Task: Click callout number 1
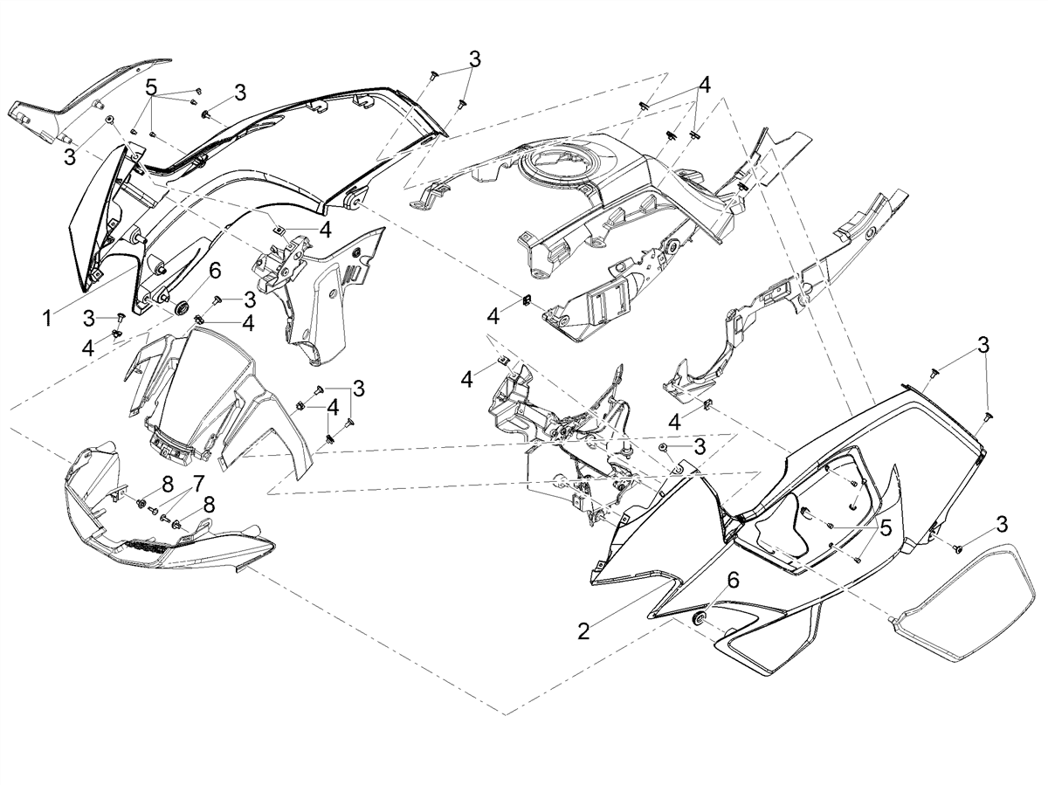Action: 47,319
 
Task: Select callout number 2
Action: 583,631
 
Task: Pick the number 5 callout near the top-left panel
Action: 151,88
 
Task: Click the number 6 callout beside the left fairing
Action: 215,272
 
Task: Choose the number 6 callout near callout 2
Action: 733,581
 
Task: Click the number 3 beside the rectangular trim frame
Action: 1003,525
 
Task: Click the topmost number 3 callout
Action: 473,59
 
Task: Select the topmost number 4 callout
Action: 704,86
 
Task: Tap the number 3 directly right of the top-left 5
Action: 239,92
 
